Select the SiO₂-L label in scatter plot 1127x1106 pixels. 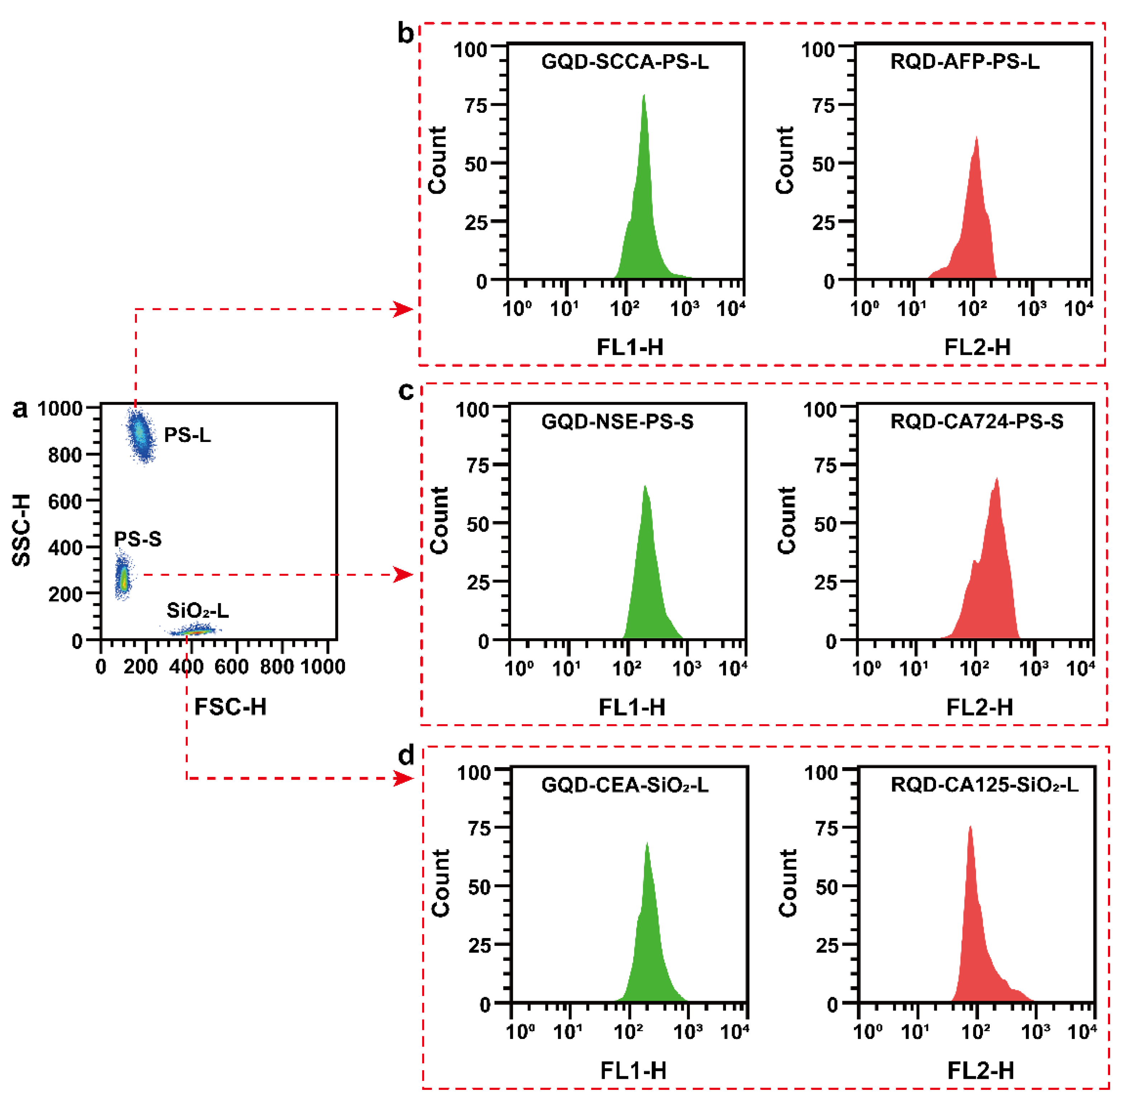tap(197, 611)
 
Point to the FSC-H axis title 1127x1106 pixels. tap(230, 707)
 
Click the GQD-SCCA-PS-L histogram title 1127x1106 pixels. tap(625, 62)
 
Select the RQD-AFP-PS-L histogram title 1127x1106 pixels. tap(965, 62)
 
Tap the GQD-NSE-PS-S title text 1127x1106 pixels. tap(617, 422)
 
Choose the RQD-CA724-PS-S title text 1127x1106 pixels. tap(976, 422)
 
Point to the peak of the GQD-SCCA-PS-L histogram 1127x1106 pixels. tap(644, 96)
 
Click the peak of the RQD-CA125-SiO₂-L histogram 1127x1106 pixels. tap(969, 827)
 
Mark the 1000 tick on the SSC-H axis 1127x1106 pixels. tap(61, 408)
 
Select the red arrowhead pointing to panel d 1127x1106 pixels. tap(403, 778)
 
